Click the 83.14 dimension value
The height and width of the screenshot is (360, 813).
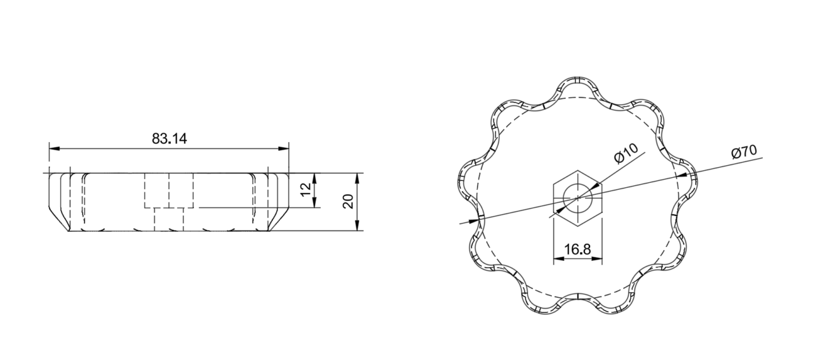pos(169,138)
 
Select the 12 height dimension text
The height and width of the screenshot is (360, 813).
pos(306,189)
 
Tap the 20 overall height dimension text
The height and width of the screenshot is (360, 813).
pos(348,201)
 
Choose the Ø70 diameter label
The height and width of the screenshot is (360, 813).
pos(744,152)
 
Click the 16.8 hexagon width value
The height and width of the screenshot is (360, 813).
pos(577,250)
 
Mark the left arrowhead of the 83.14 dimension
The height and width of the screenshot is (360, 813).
pos(55,149)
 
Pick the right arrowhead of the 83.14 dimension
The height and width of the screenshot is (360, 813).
pos(283,149)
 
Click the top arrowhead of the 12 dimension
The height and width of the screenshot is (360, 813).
pos(314,179)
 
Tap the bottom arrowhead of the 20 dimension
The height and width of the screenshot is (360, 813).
pos(358,225)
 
